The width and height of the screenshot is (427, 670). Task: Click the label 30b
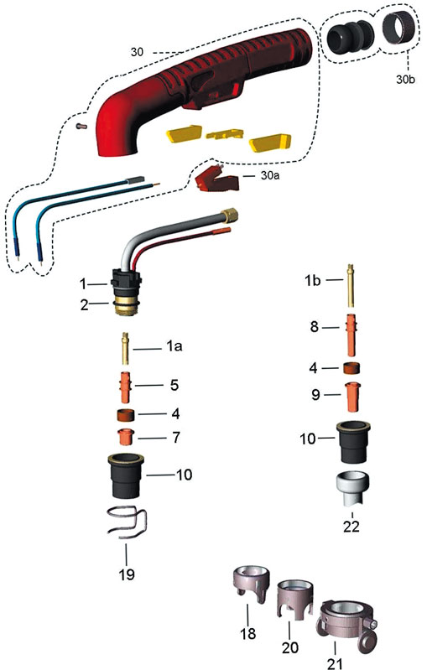[x=405, y=79]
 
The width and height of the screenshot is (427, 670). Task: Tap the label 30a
[x=270, y=175]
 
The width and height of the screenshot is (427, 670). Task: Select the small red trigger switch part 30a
[x=216, y=178]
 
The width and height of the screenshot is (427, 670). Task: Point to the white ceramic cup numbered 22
[x=352, y=488]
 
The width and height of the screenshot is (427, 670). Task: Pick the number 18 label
[x=248, y=633]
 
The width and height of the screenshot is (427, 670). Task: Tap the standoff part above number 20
[x=295, y=598]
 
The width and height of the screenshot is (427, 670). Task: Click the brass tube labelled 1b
[x=350, y=285]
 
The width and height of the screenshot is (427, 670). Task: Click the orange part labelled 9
[x=352, y=397]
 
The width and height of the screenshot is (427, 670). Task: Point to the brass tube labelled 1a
[x=125, y=348]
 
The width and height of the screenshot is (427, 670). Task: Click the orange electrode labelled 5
[x=126, y=387]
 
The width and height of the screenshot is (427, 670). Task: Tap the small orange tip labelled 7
[x=126, y=436]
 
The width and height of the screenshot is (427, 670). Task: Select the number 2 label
[x=85, y=304]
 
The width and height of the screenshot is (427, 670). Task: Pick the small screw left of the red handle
[x=81, y=125]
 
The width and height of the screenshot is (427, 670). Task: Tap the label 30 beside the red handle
[x=137, y=52]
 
